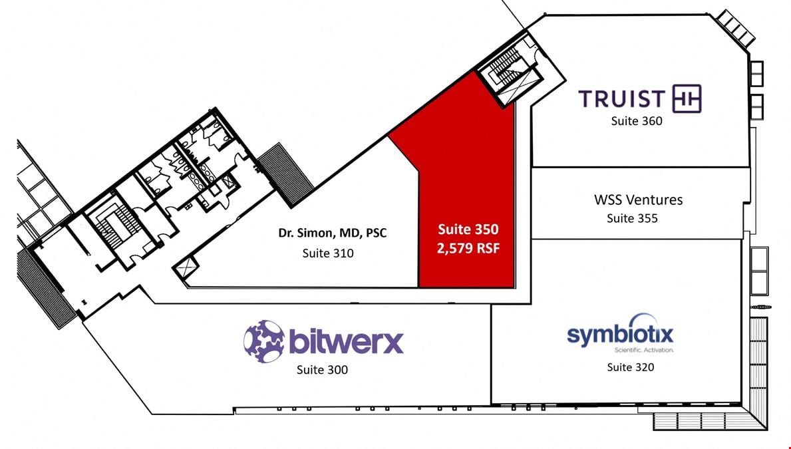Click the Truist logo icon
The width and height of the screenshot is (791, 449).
click(687, 98)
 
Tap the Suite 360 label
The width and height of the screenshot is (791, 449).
click(637, 121)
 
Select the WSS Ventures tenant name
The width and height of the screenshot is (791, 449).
click(638, 200)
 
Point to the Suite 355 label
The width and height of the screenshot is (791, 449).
click(632, 218)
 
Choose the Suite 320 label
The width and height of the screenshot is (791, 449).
click(631, 367)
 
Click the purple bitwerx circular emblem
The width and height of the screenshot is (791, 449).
click(264, 341)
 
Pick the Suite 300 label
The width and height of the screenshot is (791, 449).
click(322, 370)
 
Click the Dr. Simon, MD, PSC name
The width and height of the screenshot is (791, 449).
click(333, 233)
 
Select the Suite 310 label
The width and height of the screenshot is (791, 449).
click(328, 253)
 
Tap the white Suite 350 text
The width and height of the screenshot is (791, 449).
click(468, 229)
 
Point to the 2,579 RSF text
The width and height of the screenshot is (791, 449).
click(468, 248)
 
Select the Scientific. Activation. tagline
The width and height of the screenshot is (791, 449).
click(644, 350)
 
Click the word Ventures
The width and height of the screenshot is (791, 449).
click(655, 200)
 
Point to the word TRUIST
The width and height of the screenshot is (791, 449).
click(622, 99)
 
